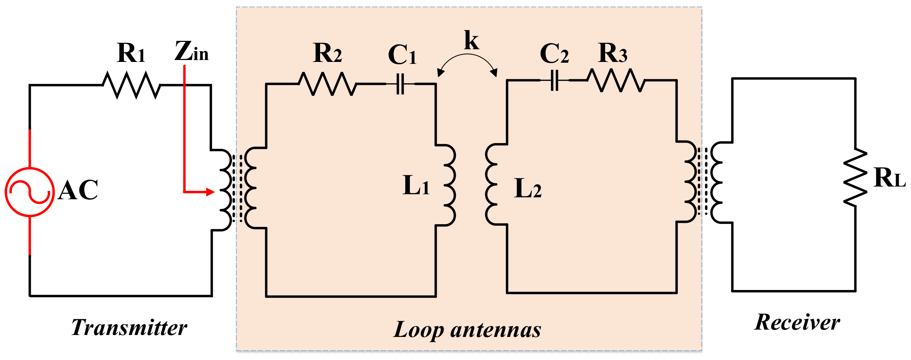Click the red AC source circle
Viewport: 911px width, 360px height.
pos(30,192)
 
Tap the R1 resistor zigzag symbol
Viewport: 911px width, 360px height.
pos(131,85)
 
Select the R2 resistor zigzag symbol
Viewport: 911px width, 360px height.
pos(327,84)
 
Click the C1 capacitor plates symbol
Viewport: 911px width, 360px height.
pos(400,84)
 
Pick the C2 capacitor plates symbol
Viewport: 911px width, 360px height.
pos(554,80)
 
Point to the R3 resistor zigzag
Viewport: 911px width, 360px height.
pos(616,80)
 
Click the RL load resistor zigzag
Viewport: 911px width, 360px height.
pos(855,178)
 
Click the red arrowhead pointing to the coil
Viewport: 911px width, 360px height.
pos(210,192)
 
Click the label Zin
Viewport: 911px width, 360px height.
pos(191,52)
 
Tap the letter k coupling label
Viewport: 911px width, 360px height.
pos(471,40)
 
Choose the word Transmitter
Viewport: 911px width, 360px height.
pos(129,328)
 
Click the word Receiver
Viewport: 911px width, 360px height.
pos(797,322)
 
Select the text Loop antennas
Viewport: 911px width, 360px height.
pos(467,330)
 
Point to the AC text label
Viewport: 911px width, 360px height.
pos(78,190)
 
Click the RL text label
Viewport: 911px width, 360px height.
pos(889,178)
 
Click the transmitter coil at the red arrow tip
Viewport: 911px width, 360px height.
pos(226,190)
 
